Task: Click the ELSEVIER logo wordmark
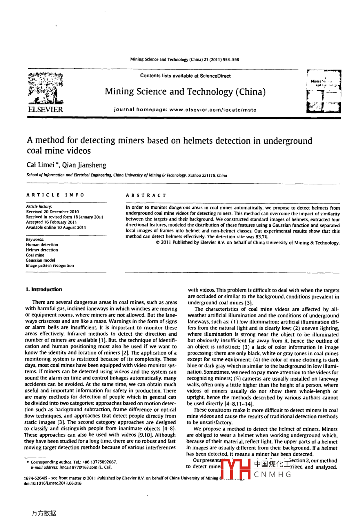[45, 110]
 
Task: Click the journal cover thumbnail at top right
[323, 92]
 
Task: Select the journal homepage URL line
[185, 110]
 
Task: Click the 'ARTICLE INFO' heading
[55, 195]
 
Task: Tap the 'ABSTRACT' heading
[146, 196]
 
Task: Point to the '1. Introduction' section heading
[43, 289]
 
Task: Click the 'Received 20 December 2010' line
[53, 212]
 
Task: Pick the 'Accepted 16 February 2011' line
[51, 222]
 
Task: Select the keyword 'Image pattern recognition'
[50, 265]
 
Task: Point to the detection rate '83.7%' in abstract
[262, 237]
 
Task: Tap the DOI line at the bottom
[53, 483]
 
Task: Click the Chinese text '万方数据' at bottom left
[44, 513]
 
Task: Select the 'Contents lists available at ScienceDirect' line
[185, 76]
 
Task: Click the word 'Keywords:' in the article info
[35, 239]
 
